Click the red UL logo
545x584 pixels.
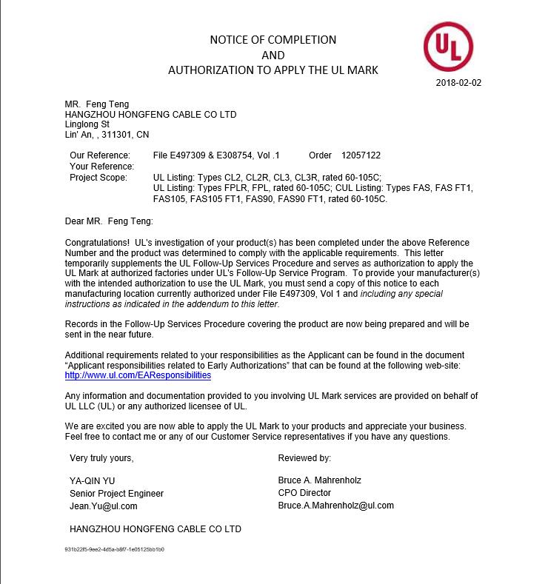pyautogui.click(x=448, y=44)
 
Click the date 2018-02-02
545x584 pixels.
pyautogui.click(x=459, y=83)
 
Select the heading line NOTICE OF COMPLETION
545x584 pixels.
pyautogui.click(x=272, y=39)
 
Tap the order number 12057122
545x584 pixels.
pyautogui.click(x=361, y=155)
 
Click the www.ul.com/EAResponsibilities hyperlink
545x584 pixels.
pyautogui.click(x=138, y=375)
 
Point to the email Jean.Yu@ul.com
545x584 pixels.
pyautogui.click(x=103, y=506)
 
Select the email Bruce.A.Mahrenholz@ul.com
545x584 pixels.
pyautogui.click(x=335, y=506)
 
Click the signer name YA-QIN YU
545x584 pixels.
pyautogui.click(x=92, y=480)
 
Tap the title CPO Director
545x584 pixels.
pyautogui.click(x=304, y=493)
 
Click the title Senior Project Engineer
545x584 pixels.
pyautogui.click(x=116, y=494)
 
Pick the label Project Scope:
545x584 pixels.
pyautogui.click(x=98, y=178)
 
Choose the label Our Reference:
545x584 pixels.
pyautogui.click(x=100, y=155)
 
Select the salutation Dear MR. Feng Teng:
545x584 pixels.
pyautogui.click(x=110, y=221)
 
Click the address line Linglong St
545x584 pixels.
pyautogui.click(x=87, y=124)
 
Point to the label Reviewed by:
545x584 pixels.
pyautogui.click(x=304, y=458)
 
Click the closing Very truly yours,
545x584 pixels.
pyautogui.click(x=102, y=458)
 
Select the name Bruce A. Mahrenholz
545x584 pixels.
pyautogui.click(x=319, y=480)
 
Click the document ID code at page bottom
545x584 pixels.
pyautogui.click(x=115, y=550)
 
